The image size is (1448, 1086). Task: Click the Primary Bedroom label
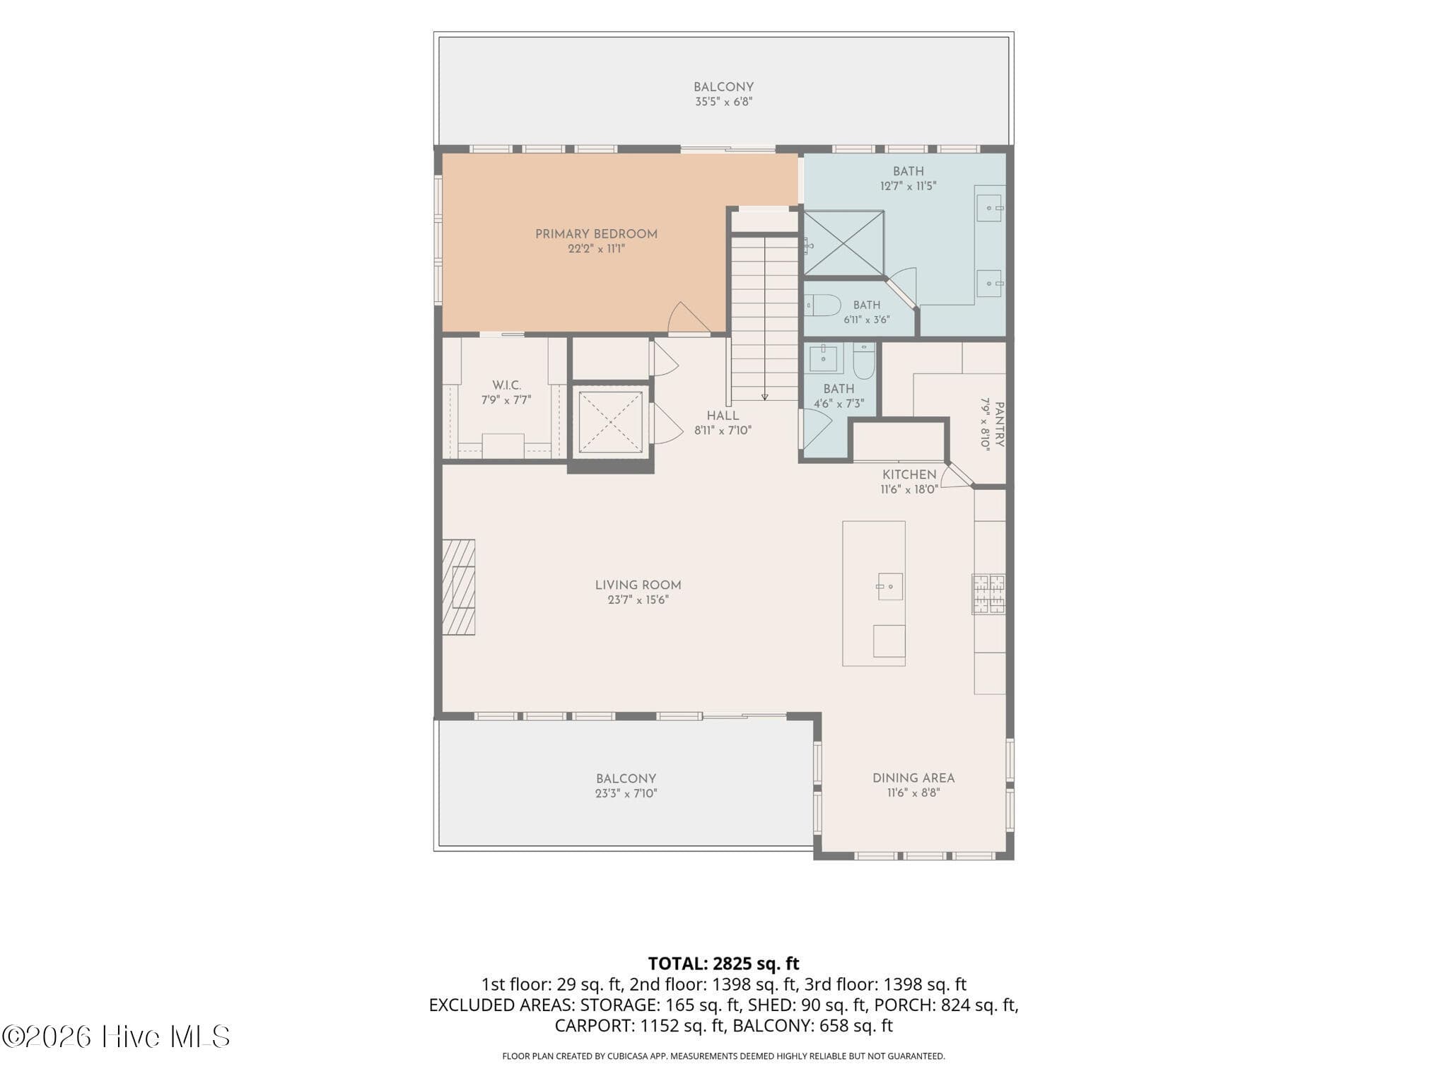pyautogui.click(x=596, y=234)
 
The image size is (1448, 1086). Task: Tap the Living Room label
pyautogui.click(x=638, y=585)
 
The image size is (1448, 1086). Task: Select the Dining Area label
pyautogui.click(x=913, y=778)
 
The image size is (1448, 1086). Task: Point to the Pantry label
pyautogui.click(x=999, y=424)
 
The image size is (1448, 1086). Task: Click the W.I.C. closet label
pyautogui.click(x=506, y=385)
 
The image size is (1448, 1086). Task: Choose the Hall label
pyautogui.click(x=723, y=416)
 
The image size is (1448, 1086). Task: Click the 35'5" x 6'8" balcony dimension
pyautogui.click(x=723, y=102)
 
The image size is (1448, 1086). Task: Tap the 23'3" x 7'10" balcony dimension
pyautogui.click(x=626, y=793)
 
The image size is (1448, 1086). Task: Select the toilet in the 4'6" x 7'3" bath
pyautogui.click(x=863, y=361)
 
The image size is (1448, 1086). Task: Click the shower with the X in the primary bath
pyautogui.click(x=844, y=243)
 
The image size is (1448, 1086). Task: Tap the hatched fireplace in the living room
pyautogui.click(x=458, y=587)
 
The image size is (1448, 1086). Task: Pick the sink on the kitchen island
pyautogui.click(x=890, y=586)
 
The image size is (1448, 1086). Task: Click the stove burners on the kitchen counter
pyautogui.click(x=988, y=593)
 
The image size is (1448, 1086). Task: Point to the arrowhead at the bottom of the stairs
pyautogui.click(x=764, y=397)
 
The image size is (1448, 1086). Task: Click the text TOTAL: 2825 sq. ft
pyautogui.click(x=723, y=964)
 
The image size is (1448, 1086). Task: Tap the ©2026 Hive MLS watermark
pyautogui.click(x=116, y=1037)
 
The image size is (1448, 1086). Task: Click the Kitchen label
pyautogui.click(x=909, y=474)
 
